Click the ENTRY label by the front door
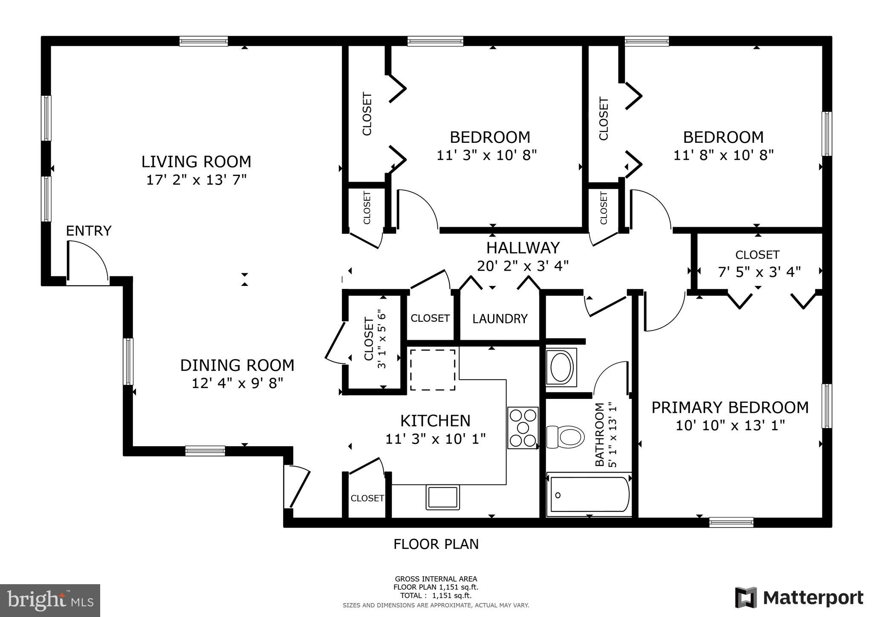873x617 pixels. (x=89, y=231)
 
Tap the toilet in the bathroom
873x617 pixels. (x=566, y=437)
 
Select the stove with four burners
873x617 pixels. (x=523, y=427)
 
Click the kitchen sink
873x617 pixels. (x=442, y=497)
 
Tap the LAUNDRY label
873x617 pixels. (x=500, y=319)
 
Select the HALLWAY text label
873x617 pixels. (x=523, y=248)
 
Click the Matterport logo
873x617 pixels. (x=799, y=598)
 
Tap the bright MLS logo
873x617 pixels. (x=50, y=601)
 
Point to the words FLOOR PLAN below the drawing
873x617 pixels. (x=436, y=544)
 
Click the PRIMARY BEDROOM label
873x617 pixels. (x=730, y=407)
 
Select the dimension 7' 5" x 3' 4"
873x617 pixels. (x=759, y=272)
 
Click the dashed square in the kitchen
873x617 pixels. (x=432, y=369)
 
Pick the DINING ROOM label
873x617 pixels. (x=237, y=365)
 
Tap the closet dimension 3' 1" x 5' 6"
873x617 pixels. (x=382, y=339)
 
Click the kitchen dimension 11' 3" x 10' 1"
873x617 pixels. (x=435, y=439)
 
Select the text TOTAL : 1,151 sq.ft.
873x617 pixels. (x=436, y=596)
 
